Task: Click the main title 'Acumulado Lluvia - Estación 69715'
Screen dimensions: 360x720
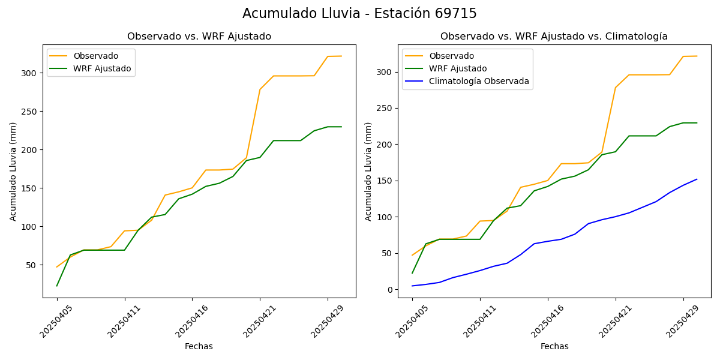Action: tap(359, 13)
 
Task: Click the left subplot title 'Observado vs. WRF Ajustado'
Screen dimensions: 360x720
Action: tap(199, 37)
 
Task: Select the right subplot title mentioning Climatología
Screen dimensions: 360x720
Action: tap(554, 37)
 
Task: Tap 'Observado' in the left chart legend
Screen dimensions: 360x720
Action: tap(96, 56)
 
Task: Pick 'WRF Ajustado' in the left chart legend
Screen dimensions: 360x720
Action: tap(102, 68)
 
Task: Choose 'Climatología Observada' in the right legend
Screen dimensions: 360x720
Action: tap(479, 82)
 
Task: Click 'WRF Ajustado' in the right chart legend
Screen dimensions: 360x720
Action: tap(458, 68)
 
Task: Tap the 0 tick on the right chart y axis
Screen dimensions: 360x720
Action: tap(390, 290)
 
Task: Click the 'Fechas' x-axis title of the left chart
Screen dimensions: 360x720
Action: tap(199, 346)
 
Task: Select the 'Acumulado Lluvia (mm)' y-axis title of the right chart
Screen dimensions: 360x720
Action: tap(368, 172)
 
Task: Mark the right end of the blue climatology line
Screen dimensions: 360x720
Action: tap(697, 179)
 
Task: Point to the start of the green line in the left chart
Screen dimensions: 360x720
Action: tap(57, 286)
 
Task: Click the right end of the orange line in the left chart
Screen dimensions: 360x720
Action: tap(341, 56)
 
